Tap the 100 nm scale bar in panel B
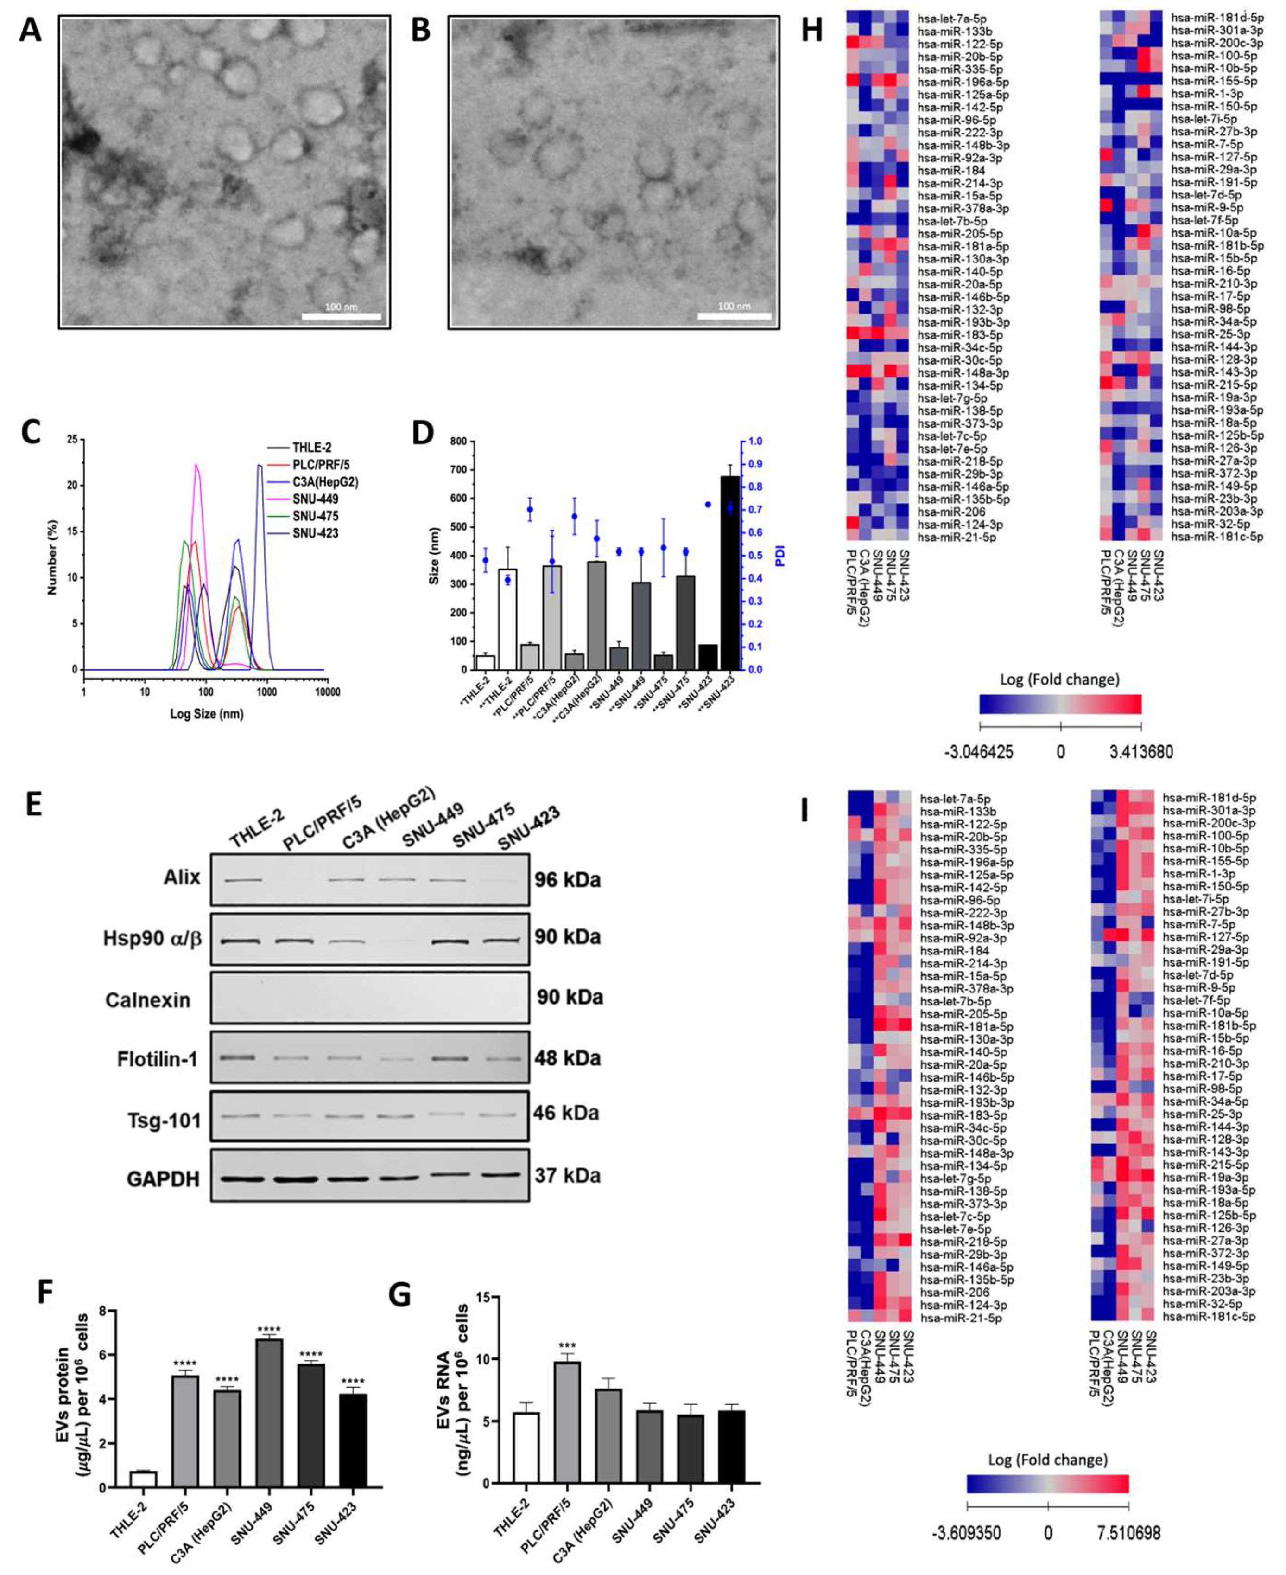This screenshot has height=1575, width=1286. [734, 316]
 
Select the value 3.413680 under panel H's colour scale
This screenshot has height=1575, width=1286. [1141, 751]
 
